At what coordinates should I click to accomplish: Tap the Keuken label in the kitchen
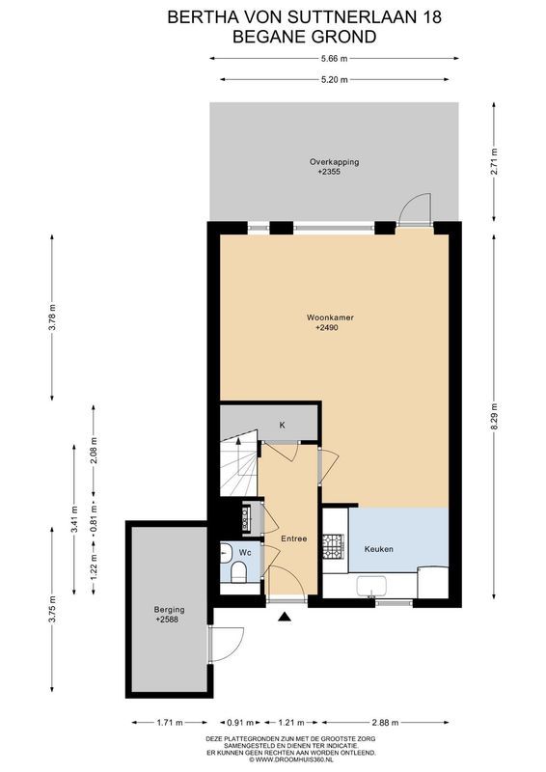tap(378, 549)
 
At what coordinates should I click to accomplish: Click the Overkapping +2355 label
tap(334, 166)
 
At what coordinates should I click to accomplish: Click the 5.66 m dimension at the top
tap(334, 58)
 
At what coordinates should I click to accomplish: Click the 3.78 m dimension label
tap(53, 317)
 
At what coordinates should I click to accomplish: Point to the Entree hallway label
tap(294, 538)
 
